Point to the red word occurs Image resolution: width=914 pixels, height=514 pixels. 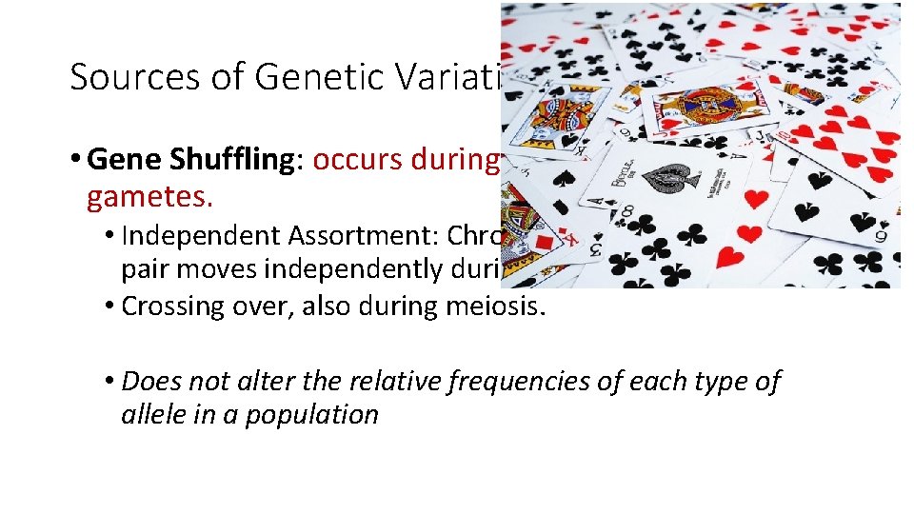(x=351, y=159)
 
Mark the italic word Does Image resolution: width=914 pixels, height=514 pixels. (x=151, y=382)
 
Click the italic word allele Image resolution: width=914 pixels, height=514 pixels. (x=149, y=415)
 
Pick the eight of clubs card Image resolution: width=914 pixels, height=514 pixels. (x=666, y=238)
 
